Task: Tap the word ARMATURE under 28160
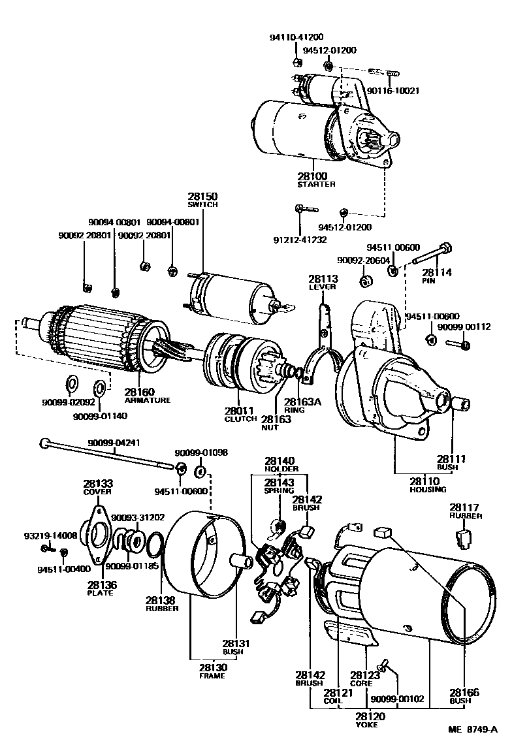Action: pos(147,400)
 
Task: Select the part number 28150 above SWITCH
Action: pos(203,197)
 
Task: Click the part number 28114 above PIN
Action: pos(436,272)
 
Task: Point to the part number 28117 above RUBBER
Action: pos(464,507)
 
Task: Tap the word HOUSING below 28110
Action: pos(428,489)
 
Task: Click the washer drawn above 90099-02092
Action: pos(72,381)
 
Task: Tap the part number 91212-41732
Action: pos(300,240)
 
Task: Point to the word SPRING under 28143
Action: pos(279,490)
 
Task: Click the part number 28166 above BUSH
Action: pos(464,693)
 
